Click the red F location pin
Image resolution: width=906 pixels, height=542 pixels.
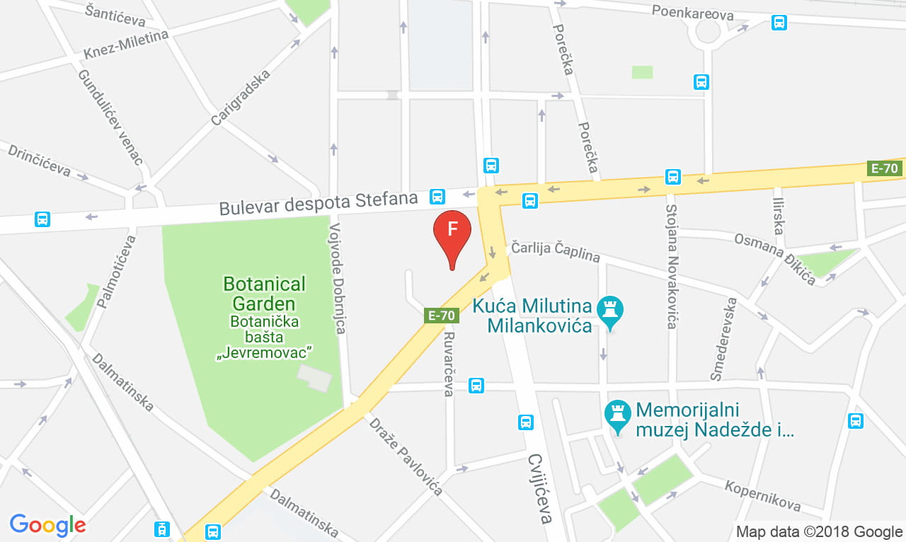[x=452, y=232]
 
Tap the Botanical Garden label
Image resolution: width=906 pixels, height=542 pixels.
[x=264, y=294]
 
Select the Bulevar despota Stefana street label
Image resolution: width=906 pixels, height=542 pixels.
[x=319, y=204]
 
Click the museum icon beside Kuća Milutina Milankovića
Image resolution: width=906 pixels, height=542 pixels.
[x=609, y=309]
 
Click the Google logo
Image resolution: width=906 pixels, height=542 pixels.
[x=47, y=524]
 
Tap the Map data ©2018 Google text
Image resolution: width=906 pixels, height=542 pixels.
[x=819, y=531]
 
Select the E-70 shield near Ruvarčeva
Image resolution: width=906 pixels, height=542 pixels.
[x=442, y=316]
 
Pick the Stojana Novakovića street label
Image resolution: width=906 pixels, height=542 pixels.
[x=672, y=266]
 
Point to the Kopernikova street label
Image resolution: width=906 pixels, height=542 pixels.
[x=762, y=495]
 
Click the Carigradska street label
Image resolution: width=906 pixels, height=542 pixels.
[x=240, y=97]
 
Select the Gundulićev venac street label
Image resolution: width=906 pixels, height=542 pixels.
[x=110, y=117]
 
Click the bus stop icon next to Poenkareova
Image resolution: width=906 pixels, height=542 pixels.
[x=779, y=23]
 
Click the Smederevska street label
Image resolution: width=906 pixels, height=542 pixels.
[x=725, y=339]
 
